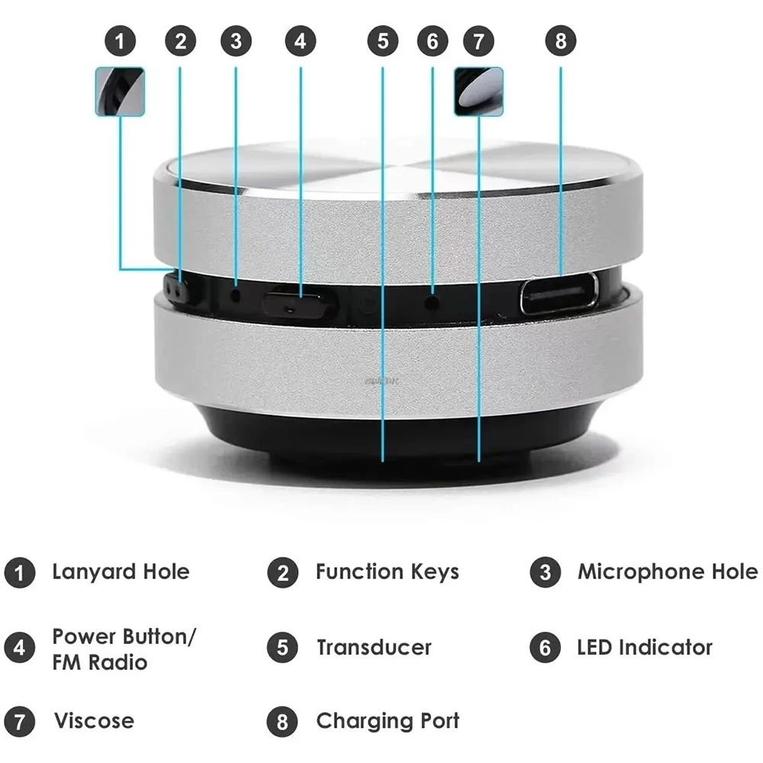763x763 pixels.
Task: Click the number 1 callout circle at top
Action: click(120, 41)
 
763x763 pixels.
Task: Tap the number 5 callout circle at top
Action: click(382, 41)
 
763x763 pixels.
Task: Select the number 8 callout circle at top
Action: click(561, 41)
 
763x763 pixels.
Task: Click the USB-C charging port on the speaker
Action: click(559, 293)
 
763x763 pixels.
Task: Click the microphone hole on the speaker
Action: click(236, 293)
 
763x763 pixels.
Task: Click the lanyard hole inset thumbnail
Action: click(120, 92)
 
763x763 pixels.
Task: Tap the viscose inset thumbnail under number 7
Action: click(478, 92)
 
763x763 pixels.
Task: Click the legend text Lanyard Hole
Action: click(121, 571)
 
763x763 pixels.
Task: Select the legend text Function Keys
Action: click(387, 571)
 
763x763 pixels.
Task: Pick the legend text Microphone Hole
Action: click(668, 571)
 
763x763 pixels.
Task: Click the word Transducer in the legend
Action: click(374, 648)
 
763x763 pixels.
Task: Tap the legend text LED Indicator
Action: click(645, 648)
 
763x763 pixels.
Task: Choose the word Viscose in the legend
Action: click(93, 721)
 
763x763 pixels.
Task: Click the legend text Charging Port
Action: click(388, 721)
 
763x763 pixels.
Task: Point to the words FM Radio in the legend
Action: click(99, 662)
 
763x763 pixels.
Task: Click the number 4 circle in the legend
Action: click(19, 648)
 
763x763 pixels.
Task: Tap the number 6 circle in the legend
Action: click(545, 648)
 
